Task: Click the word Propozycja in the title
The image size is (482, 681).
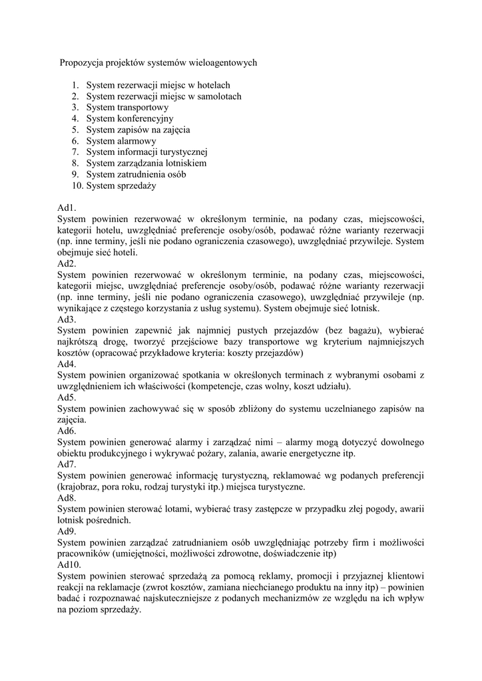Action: (82, 63)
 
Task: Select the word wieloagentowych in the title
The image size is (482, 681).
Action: (224, 63)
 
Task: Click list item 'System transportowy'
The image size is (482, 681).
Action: (127, 108)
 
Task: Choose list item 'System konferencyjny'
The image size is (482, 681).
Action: (129, 119)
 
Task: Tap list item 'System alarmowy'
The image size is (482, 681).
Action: (121, 141)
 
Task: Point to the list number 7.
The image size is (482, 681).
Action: (76, 152)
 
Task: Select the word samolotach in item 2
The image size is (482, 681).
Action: (219, 96)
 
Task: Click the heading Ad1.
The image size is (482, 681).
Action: (67, 208)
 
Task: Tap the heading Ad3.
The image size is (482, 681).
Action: (67, 319)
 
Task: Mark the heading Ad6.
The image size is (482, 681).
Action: (67, 431)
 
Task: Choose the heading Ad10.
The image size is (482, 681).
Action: (69, 565)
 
